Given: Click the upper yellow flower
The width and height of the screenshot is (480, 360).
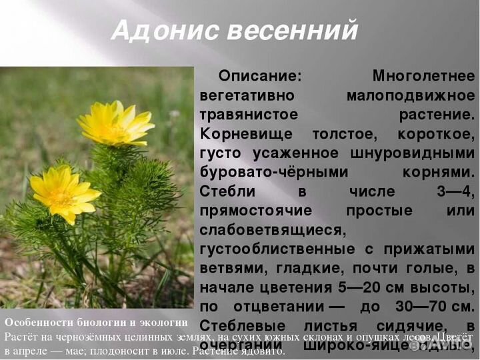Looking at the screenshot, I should (115, 124).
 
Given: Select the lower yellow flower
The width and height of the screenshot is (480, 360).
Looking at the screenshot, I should (64, 193).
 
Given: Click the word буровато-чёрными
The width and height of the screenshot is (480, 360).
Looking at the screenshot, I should (274, 172).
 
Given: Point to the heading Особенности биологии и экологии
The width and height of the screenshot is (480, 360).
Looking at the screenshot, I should (96, 321).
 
